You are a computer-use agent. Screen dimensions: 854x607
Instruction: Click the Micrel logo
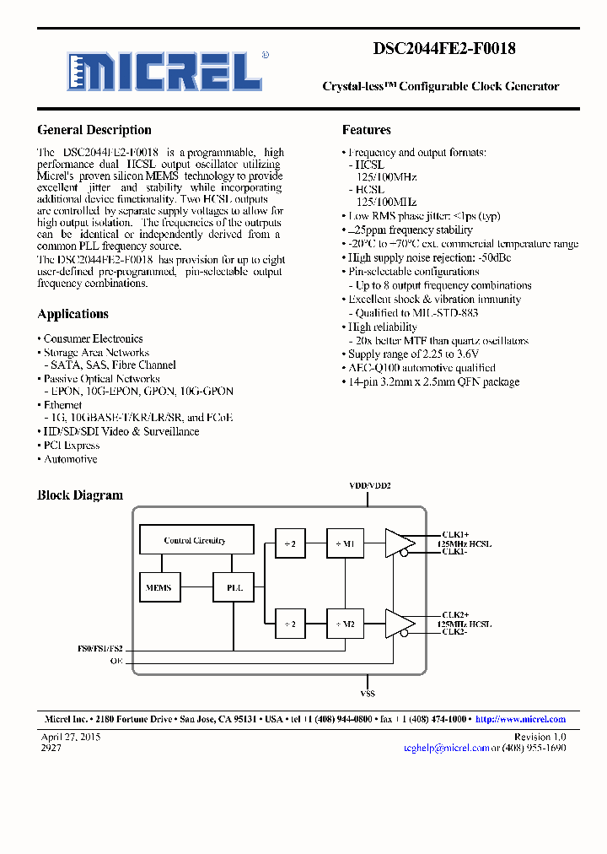[164, 71]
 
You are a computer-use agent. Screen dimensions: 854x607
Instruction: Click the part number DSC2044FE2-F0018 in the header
[443, 49]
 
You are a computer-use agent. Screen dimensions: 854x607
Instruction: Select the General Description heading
[94, 130]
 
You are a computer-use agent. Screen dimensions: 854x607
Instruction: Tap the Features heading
[366, 130]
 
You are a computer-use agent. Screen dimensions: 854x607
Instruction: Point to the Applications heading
[73, 314]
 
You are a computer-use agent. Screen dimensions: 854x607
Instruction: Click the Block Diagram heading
[80, 495]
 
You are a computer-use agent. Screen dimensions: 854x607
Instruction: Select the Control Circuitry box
[195, 541]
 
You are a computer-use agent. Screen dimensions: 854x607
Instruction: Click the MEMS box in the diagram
[158, 588]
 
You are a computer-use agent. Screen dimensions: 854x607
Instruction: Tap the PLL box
[234, 588]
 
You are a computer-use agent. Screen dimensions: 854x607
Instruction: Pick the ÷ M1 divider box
[344, 544]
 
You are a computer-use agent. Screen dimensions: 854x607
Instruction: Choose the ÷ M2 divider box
[344, 624]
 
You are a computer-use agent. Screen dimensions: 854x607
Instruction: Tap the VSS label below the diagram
[367, 693]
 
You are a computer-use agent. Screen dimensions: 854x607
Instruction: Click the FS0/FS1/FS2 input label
[99, 648]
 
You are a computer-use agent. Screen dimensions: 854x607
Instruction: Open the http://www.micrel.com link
[520, 719]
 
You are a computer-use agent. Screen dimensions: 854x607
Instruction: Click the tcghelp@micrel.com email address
[446, 748]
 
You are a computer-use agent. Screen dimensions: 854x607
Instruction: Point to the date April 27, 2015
[71, 737]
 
